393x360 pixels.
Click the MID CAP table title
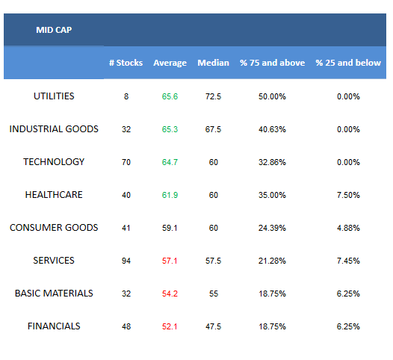(54, 30)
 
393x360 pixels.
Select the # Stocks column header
(126, 63)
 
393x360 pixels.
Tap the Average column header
(170, 63)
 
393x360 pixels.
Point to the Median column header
(213, 63)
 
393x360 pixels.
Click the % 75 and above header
(272, 63)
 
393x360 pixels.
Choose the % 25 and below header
(348, 63)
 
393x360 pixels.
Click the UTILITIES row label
(54, 96)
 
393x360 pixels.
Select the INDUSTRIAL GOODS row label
(54, 129)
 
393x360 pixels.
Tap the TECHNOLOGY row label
(54, 162)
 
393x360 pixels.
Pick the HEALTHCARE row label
(54, 195)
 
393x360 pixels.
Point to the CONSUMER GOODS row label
(54, 228)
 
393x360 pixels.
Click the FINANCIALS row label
(54, 326)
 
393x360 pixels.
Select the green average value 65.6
(170, 96)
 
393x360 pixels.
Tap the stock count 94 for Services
(126, 261)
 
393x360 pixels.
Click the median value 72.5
(213, 96)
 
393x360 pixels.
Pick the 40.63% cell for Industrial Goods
(272, 129)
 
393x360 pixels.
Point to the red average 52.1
(170, 326)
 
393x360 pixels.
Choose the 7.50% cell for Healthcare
(348, 195)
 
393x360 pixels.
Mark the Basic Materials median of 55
(214, 294)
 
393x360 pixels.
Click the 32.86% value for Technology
(272, 162)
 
